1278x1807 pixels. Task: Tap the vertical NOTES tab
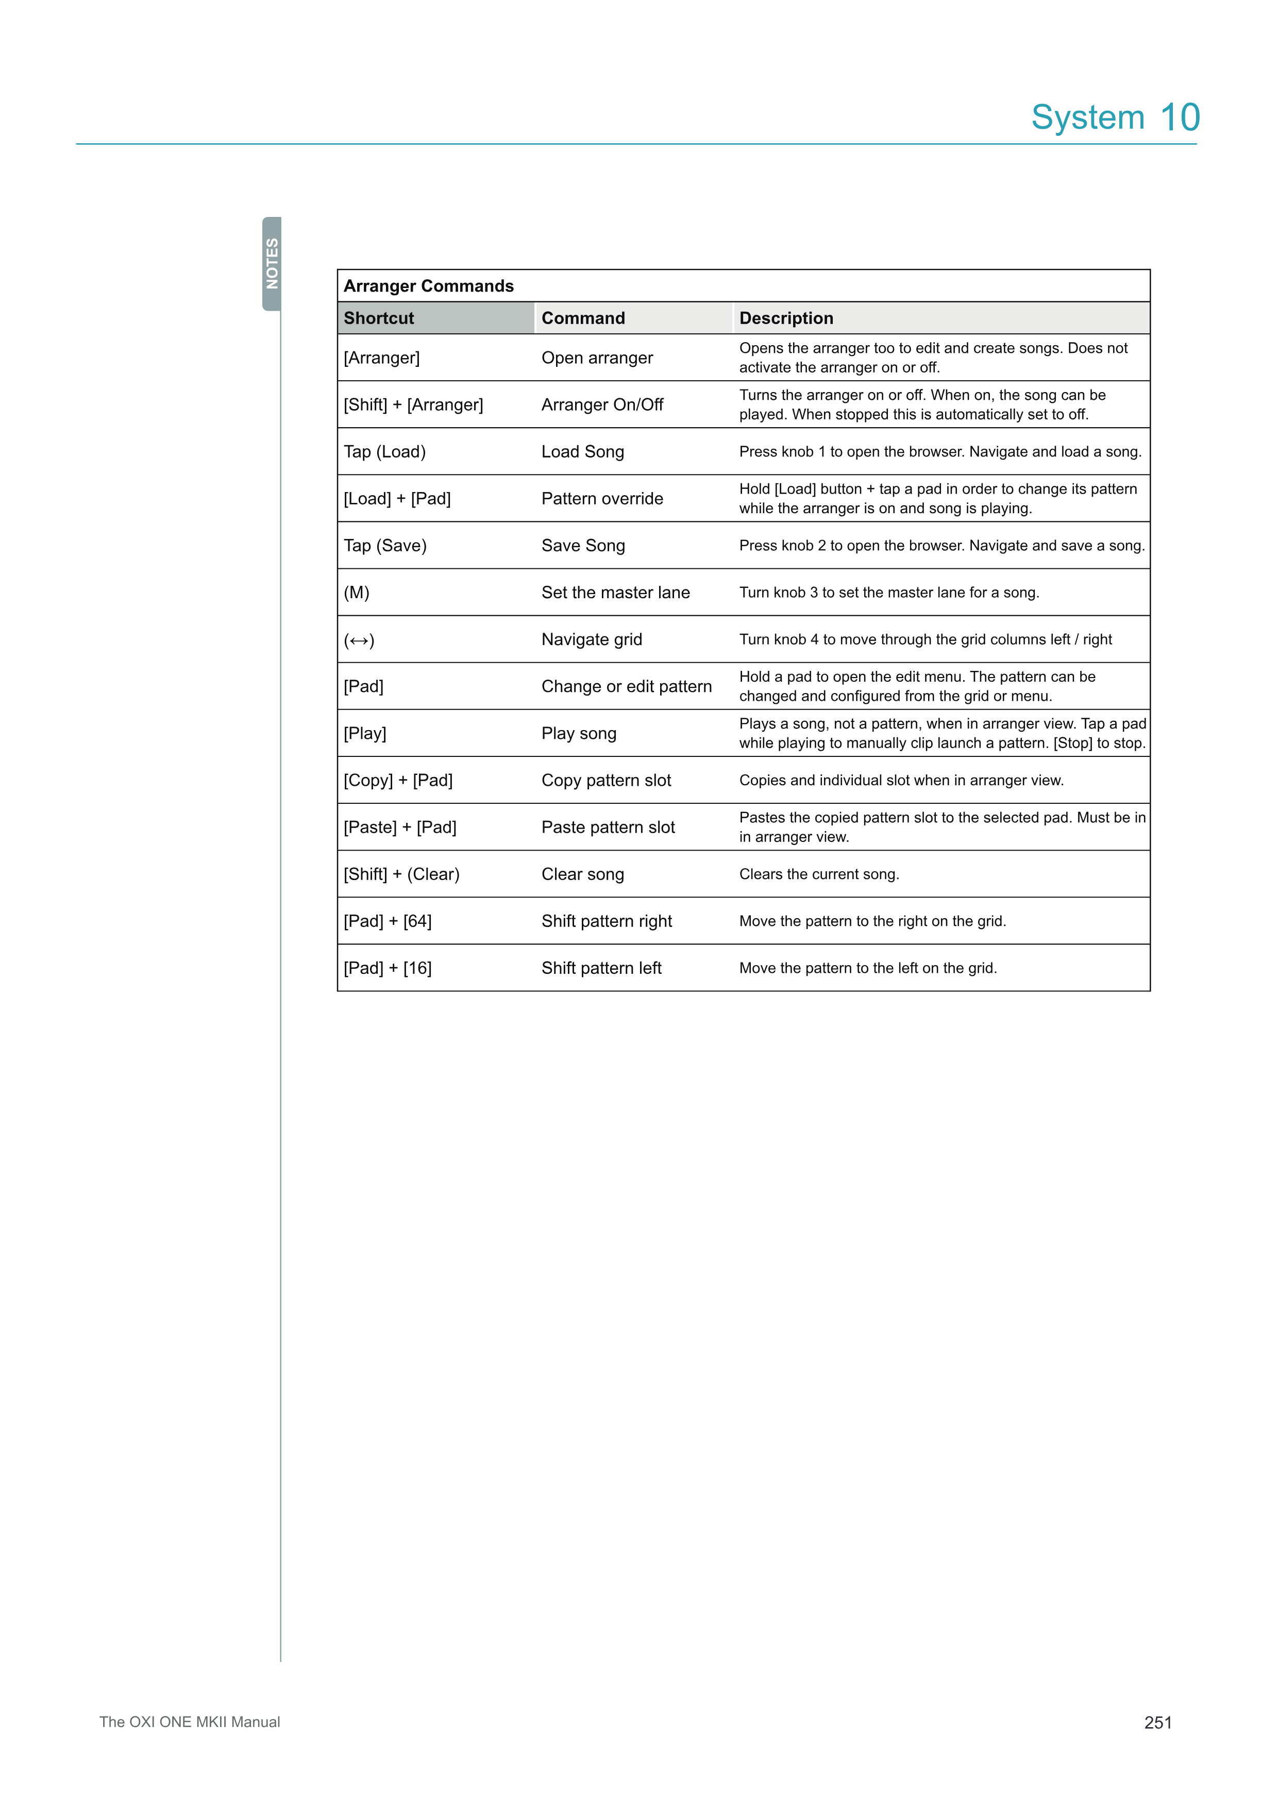(272, 264)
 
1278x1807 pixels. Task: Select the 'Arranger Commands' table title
(428, 285)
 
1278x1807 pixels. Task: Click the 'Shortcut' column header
(379, 318)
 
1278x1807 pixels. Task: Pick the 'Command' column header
(583, 318)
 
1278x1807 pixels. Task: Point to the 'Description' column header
(785, 318)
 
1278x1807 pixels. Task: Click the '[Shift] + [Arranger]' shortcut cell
(413, 404)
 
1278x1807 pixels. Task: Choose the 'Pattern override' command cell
(602, 498)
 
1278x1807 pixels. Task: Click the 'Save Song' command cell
(583, 546)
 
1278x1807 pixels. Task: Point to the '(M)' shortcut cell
(357, 593)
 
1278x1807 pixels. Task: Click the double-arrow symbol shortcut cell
(359, 640)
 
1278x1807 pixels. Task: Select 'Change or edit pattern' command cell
(627, 686)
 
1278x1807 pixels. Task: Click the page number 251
(1157, 1723)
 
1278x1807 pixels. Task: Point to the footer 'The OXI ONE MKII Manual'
(190, 1722)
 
